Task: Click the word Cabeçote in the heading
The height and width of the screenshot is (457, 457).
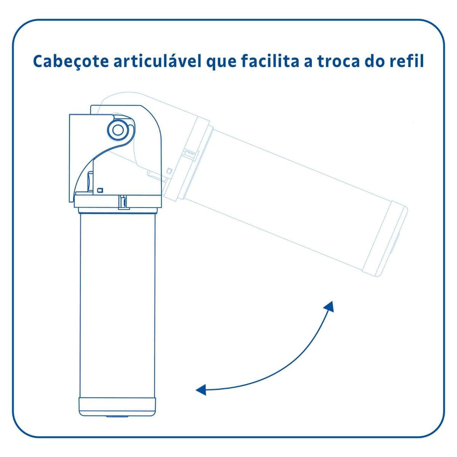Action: click(71, 62)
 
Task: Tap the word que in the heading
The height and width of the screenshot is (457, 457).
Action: click(221, 62)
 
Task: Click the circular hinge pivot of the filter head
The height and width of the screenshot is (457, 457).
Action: click(118, 130)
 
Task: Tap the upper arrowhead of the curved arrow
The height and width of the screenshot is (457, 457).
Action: click(329, 307)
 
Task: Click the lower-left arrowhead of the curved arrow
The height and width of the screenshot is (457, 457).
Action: click(201, 389)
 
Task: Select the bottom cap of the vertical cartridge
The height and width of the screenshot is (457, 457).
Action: click(117, 407)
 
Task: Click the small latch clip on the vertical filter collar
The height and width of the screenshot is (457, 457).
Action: click(124, 202)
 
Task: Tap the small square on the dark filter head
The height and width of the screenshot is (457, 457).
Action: click(100, 190)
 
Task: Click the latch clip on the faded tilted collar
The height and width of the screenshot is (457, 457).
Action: click(191, 155)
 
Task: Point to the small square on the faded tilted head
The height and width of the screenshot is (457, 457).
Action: click(169, 170)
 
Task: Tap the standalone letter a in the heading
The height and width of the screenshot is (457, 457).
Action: click(308, 63)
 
